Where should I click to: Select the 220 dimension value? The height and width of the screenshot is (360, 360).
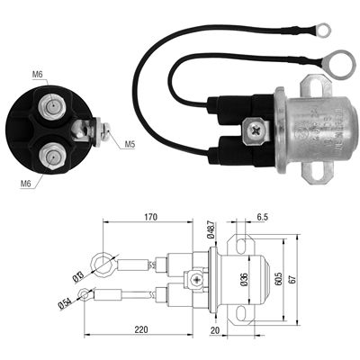[x=140, y=329]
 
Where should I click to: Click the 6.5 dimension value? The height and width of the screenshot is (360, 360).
[x=261, y=217]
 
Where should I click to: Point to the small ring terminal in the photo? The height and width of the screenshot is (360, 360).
[x=321, y=31]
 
